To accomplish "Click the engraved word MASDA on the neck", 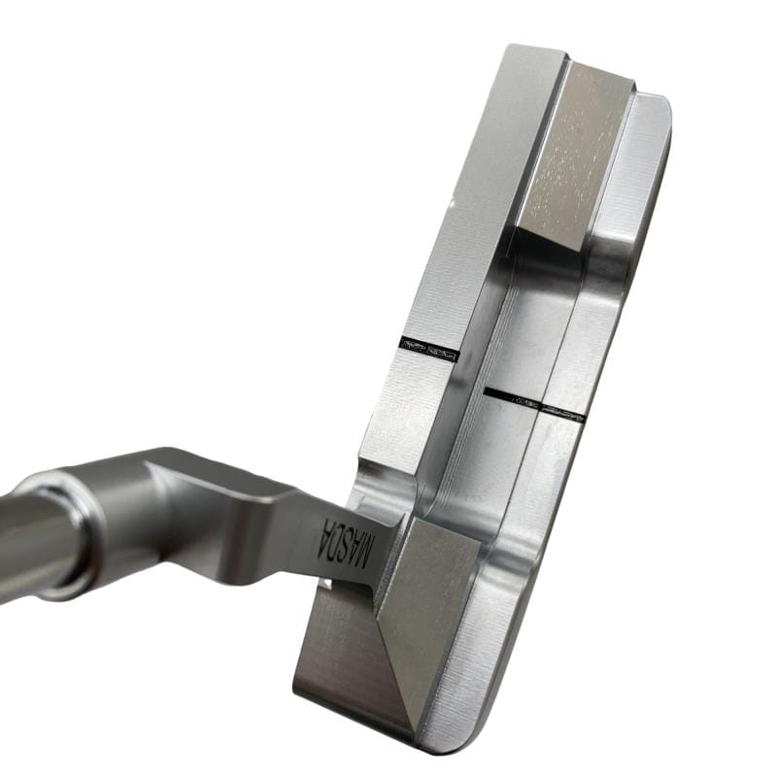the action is pyautogui.click(x=348, y=543).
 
